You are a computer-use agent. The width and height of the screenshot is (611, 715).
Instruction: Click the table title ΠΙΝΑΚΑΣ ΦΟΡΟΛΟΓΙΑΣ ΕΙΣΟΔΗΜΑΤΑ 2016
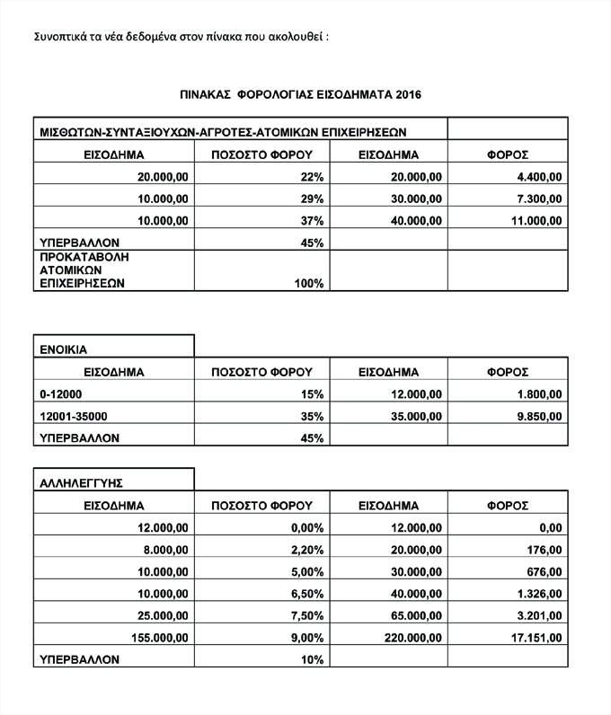click(301, 93)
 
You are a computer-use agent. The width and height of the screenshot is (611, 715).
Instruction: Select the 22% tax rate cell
click(312, 176)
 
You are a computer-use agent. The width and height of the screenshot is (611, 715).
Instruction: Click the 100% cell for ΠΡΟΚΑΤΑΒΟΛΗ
click(308, 283)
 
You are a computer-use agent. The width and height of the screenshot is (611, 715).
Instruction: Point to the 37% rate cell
click(312, 220)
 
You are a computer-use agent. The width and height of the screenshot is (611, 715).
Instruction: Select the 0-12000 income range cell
click(58, 393)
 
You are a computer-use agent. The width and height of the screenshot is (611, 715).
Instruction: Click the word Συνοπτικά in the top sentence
click(61, 38)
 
